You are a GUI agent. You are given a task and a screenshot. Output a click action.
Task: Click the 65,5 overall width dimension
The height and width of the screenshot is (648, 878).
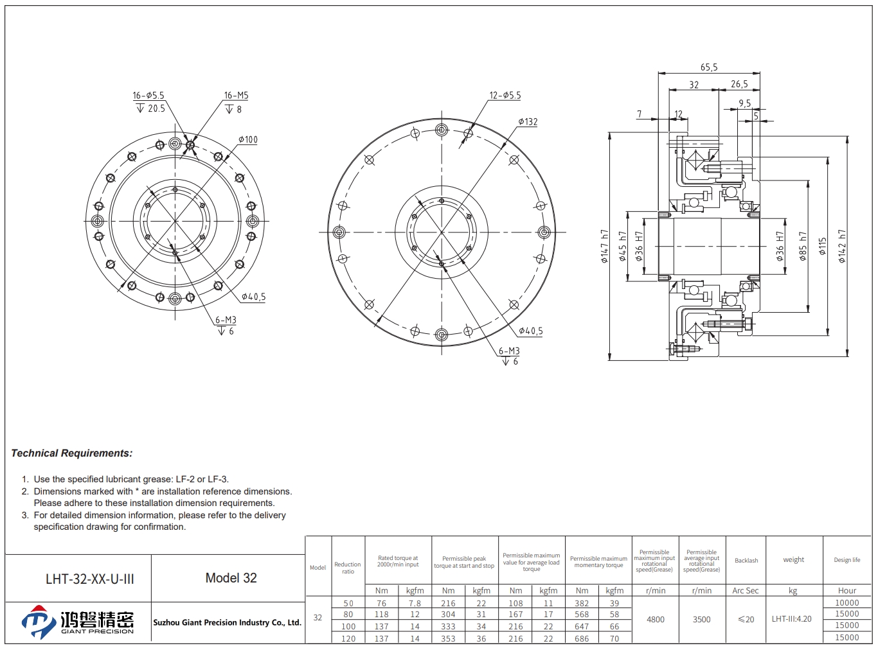tap(708, 67)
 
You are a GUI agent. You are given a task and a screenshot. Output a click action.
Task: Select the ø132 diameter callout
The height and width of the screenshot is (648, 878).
tap(528, 122)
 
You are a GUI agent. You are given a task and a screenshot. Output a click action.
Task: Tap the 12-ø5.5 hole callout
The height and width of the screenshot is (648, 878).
tap(505, 95)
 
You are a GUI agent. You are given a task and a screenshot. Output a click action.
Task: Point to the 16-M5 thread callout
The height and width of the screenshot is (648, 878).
tap(236, 95)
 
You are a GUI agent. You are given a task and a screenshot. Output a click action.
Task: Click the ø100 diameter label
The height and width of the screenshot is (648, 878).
tap(248, 139)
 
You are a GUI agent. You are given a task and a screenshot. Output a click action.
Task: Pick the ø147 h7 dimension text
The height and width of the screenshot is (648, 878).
tap(604, 246)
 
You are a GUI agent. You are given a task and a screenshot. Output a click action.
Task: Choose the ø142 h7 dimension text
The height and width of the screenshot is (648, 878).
tap(841, 246)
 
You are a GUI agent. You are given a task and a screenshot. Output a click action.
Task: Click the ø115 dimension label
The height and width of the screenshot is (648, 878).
tap(823, 246)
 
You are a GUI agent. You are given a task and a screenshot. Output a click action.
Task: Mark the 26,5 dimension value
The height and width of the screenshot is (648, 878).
tap(739, 84)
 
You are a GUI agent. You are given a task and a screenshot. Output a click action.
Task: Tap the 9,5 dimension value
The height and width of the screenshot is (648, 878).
tap(744, 103)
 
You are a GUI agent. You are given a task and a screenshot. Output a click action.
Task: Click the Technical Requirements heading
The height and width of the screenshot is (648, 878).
tap(71, 453)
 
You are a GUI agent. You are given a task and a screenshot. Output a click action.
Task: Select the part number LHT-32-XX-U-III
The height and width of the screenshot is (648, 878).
tap(90, 579)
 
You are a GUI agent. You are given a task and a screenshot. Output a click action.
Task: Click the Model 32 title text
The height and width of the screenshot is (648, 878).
tap(231, 578)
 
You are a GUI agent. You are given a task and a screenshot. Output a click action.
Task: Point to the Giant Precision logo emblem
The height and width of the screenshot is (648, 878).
tap(38, 622)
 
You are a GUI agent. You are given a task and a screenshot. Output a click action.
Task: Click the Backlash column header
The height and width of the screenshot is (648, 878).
tap(746, 561)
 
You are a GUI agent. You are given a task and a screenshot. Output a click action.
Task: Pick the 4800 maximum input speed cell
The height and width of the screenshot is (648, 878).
tap(656, 620)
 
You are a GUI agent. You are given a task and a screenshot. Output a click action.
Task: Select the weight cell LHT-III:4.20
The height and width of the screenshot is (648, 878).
tap(791, 619)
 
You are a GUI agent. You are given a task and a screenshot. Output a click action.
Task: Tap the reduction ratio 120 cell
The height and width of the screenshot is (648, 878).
tap(348, 638)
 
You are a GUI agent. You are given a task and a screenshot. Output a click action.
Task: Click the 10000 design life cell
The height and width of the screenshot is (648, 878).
tap(847, 603)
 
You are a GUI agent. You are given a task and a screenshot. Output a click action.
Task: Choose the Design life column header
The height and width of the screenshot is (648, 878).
tap(847, 560)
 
